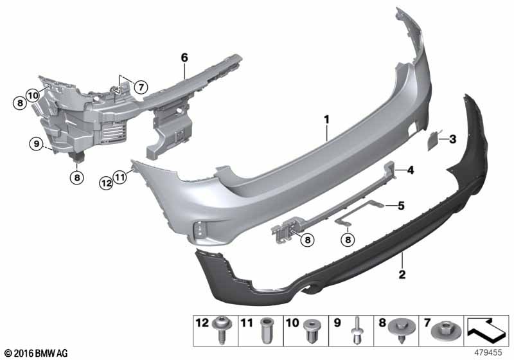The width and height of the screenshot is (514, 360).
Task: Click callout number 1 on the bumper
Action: tap(326, 119)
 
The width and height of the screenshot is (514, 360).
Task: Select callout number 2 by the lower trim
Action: tap(402, 275)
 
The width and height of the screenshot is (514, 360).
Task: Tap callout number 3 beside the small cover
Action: tap(452, 138)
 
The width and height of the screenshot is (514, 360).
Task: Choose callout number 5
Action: tap(401, 206)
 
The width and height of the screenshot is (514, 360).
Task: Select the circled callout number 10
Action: tap(33, 95)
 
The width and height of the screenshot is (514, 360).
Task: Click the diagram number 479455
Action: tap(488, 352)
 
